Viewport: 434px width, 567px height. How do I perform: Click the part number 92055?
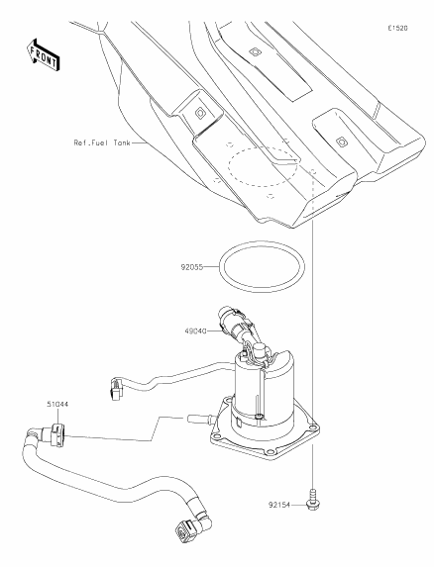191,267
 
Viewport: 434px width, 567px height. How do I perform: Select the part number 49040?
195,331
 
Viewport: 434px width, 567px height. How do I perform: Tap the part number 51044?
57,405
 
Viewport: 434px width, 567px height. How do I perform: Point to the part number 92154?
279,505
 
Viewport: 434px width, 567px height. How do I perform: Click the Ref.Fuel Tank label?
102,142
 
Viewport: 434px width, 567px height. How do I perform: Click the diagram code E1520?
397,28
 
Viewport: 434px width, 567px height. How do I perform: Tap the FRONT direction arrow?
44,54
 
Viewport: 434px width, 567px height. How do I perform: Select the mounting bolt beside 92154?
313,500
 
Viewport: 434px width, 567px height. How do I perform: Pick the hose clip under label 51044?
57,435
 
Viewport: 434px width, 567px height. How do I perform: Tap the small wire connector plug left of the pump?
116,389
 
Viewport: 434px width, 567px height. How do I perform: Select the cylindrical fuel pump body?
265,392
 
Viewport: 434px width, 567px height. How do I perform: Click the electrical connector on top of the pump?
235,324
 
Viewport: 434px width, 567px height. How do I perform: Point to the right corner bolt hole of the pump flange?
313,428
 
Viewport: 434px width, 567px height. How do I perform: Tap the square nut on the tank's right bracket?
340,142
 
